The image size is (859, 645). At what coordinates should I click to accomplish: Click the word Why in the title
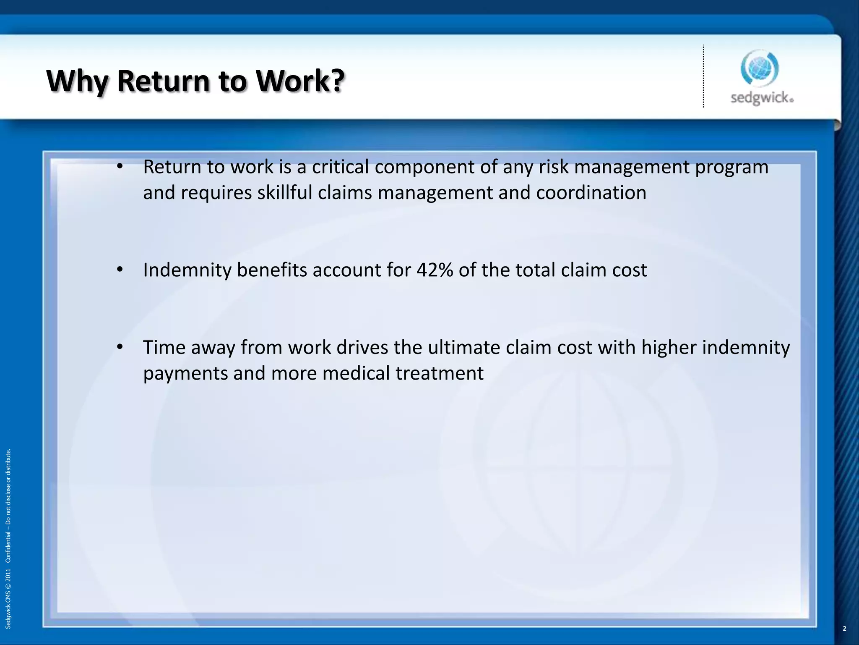77,81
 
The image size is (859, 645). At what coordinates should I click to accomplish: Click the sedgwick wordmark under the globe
762,98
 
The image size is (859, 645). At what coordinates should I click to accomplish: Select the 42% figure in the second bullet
435,270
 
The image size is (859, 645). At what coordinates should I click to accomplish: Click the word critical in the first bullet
340,167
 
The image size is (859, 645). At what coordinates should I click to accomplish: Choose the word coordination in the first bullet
591,193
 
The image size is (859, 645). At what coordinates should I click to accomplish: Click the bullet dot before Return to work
120,167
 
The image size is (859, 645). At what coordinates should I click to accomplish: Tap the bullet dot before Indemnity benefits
120,270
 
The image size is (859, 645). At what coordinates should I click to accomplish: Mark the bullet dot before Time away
120,347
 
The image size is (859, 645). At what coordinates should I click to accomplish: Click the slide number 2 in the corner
844,629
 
